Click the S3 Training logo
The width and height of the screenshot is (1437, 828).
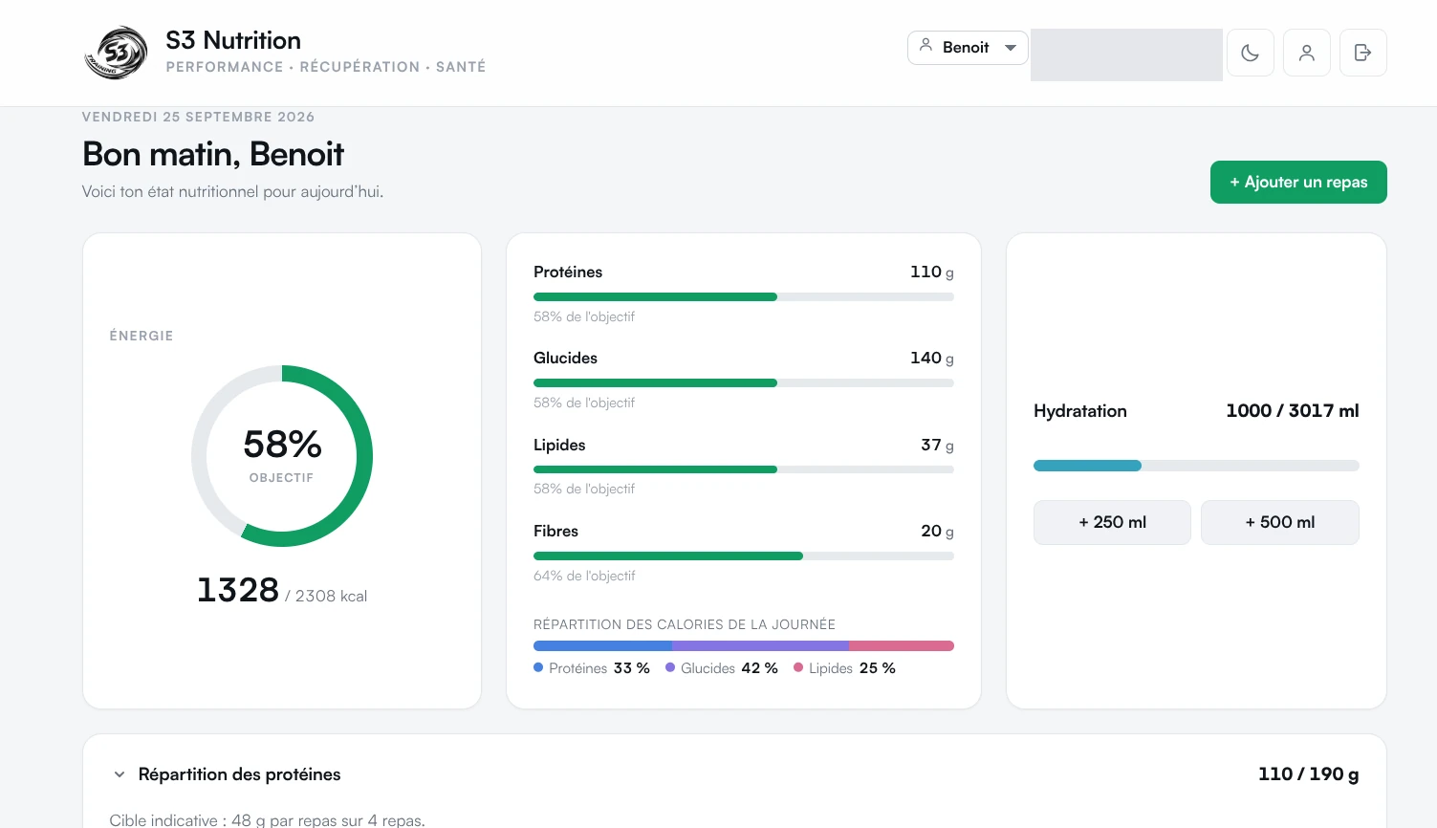click(116, 53)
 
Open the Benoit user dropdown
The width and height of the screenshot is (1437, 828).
click(968, 48)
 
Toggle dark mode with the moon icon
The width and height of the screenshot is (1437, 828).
click(1250, 53)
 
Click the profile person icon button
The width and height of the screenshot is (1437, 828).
click(1306, 53)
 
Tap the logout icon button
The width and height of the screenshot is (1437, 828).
click(1362, 53)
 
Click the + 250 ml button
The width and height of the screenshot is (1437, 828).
click(1112, 522)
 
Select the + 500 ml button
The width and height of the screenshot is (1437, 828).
click(1280, 522)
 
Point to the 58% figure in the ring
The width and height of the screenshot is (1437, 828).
click(282, 444)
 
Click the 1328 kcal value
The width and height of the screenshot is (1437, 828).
click(238, 589)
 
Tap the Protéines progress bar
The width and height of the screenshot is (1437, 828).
click(744, 297)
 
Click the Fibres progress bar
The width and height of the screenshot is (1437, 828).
click(744, 556)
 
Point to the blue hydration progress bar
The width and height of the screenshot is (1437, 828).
click(1087, 466)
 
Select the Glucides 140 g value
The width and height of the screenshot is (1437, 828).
click(931, 358)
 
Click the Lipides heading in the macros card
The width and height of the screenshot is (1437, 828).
click(559, 445)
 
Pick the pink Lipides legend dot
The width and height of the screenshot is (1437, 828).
click(798, 667)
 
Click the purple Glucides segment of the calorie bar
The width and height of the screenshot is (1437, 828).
click(760, 645)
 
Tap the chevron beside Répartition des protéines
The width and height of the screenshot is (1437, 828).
click(120, 774)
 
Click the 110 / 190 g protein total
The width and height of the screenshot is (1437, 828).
click(1308, 774)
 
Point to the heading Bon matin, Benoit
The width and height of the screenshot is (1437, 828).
click(213, 154)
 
